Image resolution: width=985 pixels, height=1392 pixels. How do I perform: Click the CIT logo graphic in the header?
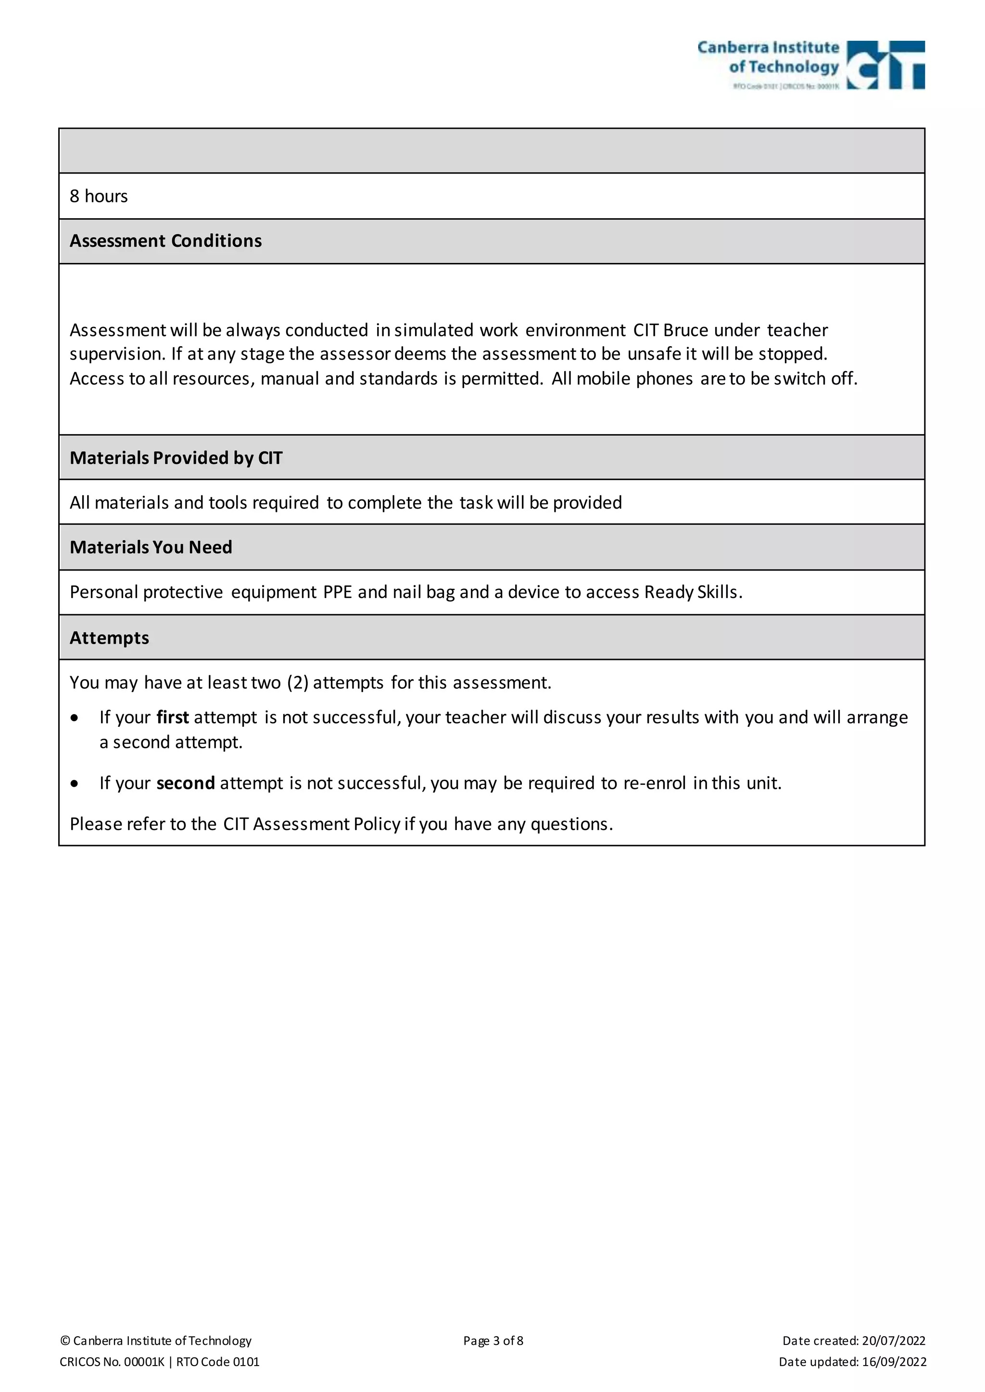tap(885, 65)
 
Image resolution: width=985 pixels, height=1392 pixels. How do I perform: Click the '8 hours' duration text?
tap(98, 196)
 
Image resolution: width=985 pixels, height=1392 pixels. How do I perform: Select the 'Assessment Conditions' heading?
tap(165, 241)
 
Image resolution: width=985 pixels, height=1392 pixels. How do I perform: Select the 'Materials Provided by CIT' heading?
tap(176, 458)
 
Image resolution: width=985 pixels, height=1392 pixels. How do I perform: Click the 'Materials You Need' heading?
tap(151, 547)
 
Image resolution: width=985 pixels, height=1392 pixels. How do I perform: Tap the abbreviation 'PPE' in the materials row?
tap(337, 592)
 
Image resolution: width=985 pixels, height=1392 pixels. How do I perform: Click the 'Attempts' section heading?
tap(109, 638)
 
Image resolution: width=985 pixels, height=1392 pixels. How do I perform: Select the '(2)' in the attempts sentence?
tap(297, 683)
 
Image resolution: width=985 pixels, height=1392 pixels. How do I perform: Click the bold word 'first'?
tap(172, 717)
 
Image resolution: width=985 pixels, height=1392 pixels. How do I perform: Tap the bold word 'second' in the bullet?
tap(185, 783)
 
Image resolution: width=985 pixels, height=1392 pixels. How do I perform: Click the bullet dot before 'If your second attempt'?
tap(74, 784)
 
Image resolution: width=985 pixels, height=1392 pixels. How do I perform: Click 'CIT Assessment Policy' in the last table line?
tap(311, 824)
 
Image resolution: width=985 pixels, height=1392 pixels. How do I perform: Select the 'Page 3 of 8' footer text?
tap(492, 1341)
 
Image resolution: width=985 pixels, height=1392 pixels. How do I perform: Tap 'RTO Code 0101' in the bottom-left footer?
tap(218, 1362)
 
